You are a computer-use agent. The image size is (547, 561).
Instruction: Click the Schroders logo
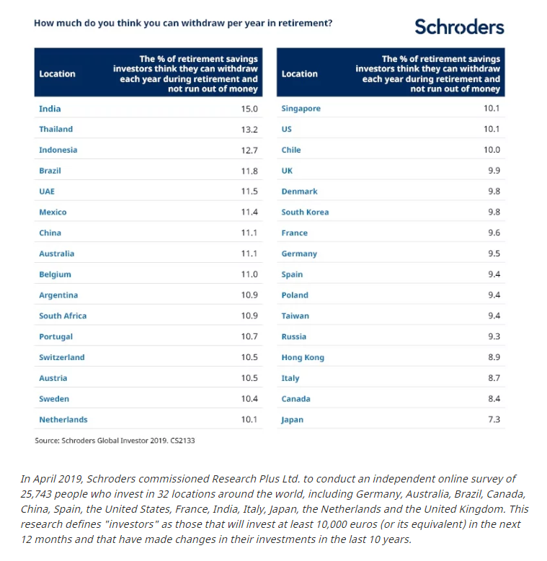(x=459, y=27)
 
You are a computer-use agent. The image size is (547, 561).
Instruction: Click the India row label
(x=50, y=109)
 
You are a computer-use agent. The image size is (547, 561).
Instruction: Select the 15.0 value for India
(x=249, y=109)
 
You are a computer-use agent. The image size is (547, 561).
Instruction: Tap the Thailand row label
(x=55, y=129)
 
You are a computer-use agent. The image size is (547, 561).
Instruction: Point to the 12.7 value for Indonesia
(x=249, y=151)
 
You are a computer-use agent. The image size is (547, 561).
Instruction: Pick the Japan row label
(x=292, y=420)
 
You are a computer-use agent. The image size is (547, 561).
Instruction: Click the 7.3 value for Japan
(x=494, y=419)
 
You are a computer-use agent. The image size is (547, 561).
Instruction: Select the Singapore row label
(x=301, y=109)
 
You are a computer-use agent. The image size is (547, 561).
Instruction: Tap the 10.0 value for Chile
(x=492, y=150)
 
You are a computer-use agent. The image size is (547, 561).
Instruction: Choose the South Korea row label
(x=305, y=212)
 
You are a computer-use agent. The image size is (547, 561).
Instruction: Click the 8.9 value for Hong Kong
(x=494, y=357)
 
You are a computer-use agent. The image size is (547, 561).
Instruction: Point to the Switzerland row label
(x=62, y=357)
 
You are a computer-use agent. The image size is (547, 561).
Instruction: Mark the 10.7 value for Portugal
(x=249, y=336)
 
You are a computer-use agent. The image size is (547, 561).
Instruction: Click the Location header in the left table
(x=57, y=73)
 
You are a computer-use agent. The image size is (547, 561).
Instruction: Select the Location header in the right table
(x=300, y=73)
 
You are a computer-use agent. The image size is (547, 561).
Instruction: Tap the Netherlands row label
(x=63, y=419)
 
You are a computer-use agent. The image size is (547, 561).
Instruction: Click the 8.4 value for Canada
(x=494, y=398)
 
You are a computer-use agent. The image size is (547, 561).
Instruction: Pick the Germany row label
(x=299, y=253)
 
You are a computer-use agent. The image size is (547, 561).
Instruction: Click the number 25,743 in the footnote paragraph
(x=36, y=494)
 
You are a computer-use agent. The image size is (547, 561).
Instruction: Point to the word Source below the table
(x=47, y=441)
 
